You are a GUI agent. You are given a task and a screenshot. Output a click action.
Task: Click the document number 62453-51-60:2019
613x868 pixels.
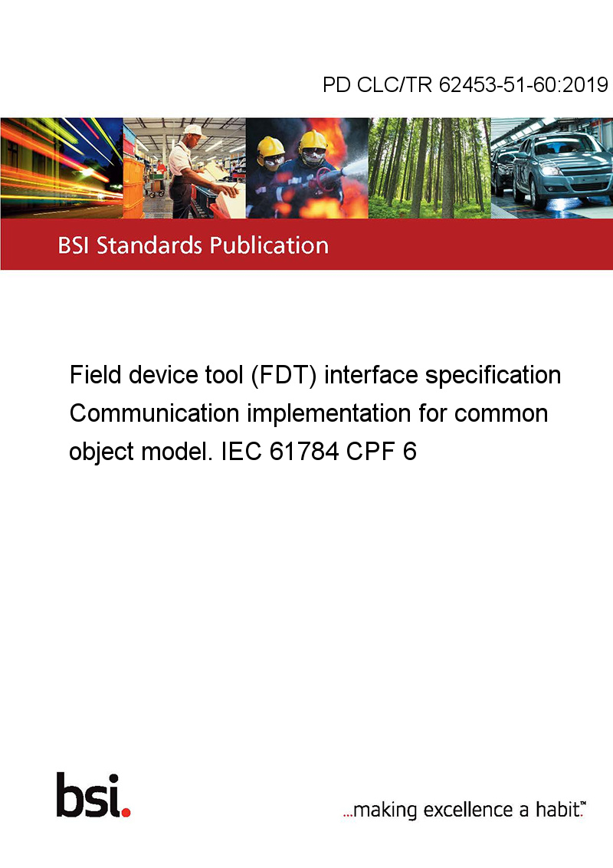523,84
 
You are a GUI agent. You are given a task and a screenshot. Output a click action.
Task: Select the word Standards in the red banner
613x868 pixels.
149,245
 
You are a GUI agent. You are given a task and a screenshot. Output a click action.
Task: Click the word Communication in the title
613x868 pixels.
154,413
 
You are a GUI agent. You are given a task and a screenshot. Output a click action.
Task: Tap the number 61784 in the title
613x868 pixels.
304,452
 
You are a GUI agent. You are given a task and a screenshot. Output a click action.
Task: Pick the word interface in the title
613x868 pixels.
371,375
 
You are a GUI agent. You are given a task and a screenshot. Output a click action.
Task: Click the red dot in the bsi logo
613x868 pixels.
126,812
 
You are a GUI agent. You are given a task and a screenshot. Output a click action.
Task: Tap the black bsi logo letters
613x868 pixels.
89,795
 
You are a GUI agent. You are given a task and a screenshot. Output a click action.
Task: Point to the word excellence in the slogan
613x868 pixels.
469,810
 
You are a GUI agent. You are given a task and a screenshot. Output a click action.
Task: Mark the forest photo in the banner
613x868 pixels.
429,168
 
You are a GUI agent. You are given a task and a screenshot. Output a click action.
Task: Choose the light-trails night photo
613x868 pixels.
61,168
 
